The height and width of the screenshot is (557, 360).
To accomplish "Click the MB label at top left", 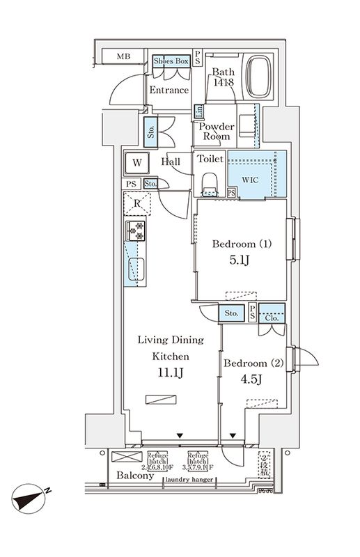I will click(123, 56).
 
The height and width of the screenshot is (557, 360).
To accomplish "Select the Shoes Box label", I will click(171, 61).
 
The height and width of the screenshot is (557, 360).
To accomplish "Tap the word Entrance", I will click(169, 91).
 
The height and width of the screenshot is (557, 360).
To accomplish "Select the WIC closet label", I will click(251, 179).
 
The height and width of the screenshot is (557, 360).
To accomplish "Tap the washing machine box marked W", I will click(138, 163).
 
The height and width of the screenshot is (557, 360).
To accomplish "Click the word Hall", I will click(171, 162).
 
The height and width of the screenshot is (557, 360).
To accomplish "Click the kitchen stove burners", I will click(135, 230).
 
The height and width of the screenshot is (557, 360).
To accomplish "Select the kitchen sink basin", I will click(136, 269).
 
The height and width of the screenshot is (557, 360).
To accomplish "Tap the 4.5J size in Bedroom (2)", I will click(251, 380).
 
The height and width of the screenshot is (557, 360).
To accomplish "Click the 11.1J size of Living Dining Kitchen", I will click(171, 373).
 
